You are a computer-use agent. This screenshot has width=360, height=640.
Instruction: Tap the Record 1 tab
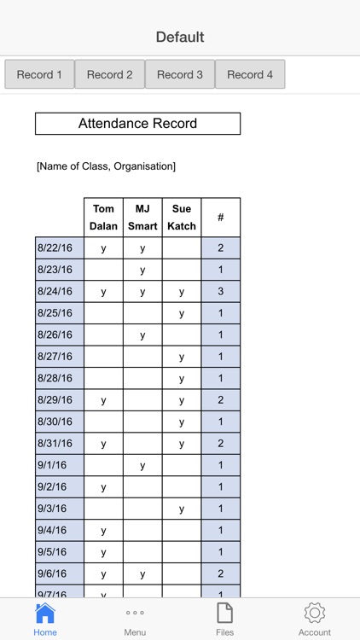tap(39, 74)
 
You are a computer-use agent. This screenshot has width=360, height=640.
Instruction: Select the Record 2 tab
tap(110, 74)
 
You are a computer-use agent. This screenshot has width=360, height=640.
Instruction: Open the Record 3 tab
tap(180, 74)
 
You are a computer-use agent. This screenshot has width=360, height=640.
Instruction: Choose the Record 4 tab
tap(250, 74)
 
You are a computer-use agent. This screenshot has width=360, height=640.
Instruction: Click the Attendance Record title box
tap(137, 124)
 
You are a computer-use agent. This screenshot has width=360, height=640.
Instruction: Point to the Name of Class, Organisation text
tap(106, 166)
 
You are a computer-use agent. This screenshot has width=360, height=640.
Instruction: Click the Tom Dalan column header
tap(103, 218)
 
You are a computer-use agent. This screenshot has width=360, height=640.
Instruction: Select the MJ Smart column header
tap(142, 218)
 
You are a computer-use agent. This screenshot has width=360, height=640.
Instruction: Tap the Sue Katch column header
tap(182, 218)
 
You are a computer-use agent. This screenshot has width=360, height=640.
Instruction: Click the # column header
tap(221, 218)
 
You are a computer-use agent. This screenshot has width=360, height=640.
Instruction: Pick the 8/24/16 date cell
tap(60, 292)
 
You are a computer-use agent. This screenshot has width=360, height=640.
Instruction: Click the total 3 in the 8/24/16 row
tap(221, 292)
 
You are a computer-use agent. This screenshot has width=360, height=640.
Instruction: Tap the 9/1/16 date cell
tap(60, 465)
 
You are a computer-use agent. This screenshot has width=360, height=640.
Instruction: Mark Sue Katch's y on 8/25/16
tap(182, 313)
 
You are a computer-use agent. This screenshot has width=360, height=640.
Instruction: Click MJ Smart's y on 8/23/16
tap(142, 271)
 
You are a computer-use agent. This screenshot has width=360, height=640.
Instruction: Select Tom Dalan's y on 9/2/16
tap(103, 487)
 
